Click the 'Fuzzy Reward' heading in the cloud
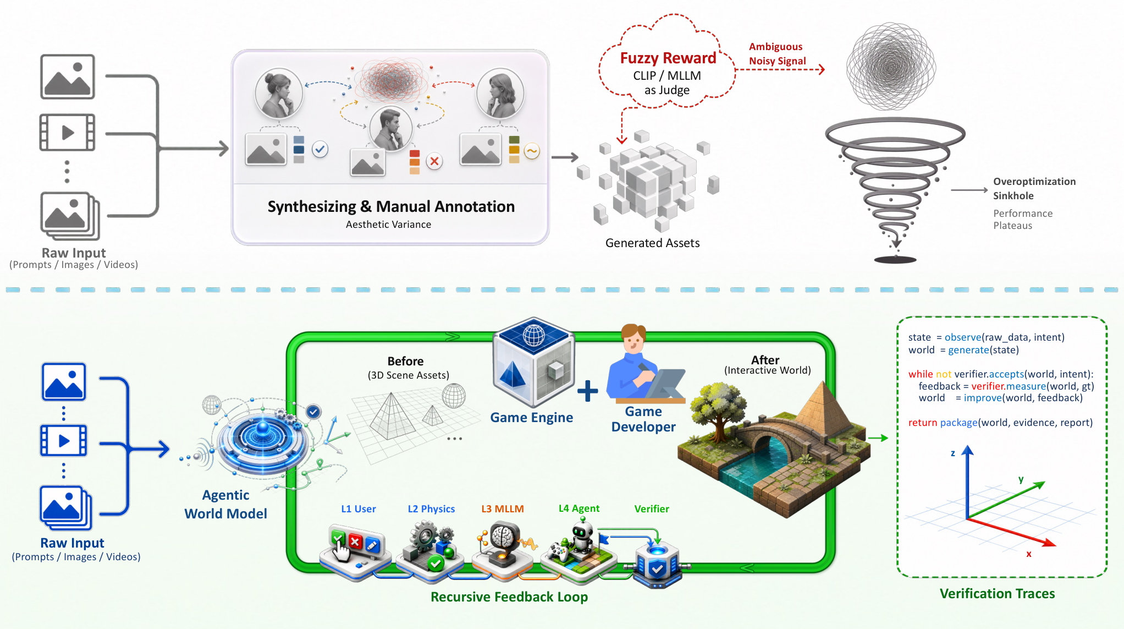coord(668,58)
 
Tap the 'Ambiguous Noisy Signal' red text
coord(777,54)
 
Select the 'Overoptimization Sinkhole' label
coord(1034,188)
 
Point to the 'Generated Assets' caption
coord(652,243)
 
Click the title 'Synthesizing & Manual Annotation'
coord(391,206)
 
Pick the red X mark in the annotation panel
coord(434,161)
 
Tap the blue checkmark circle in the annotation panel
coord(320,149)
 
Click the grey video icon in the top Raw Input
coord(67,132)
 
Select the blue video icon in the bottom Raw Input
coord(64,441)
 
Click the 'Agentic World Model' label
coord(225,504)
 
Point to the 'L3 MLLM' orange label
coord(503,508)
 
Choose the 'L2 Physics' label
coord(431,509)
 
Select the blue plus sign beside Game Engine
coord(587,391)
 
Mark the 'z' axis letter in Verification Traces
coord(953,453)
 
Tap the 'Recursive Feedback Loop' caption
coord(509,597)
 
